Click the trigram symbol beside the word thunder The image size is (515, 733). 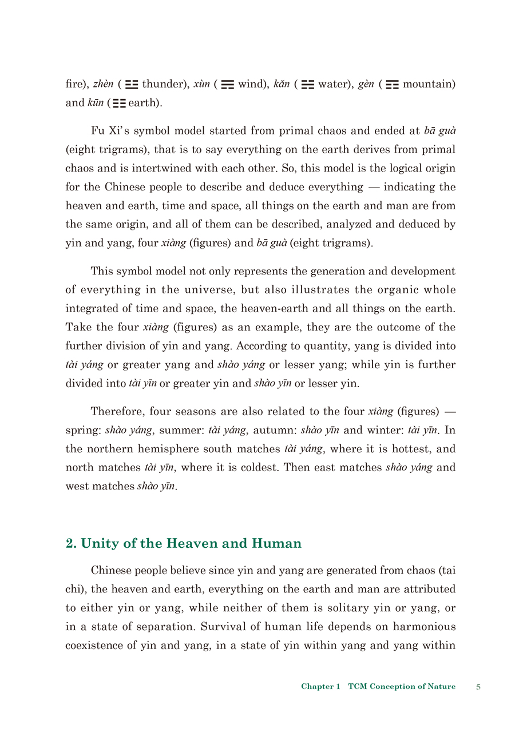132,85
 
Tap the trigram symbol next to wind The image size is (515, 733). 228,85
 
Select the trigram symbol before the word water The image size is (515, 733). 308,85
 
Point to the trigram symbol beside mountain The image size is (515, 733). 392,85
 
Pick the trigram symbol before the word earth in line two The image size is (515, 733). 119,103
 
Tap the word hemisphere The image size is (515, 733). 171,449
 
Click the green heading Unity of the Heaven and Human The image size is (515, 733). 184,543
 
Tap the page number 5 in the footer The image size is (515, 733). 478,687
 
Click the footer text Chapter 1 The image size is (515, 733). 320,687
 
